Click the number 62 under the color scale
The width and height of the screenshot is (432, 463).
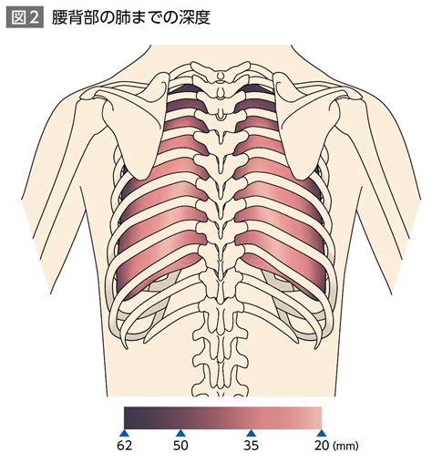click(125, 446)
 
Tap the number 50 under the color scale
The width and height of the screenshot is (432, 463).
click(180, 446)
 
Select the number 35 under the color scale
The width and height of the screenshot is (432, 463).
click(251, 446)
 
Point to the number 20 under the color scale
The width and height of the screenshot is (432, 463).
click(322, 446)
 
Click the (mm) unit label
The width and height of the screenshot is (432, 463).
click(345, 446)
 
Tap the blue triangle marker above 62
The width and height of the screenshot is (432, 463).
click(124, 433)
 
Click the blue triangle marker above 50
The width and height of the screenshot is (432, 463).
click(180, 433)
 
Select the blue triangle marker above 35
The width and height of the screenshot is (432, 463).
click(251, 433)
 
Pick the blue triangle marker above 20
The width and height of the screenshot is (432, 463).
click(322, 433)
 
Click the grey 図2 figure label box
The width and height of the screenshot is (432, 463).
click(25, 17)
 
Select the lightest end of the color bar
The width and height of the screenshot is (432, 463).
click(319, 417)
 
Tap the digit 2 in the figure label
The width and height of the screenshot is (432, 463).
click(34, 18)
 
